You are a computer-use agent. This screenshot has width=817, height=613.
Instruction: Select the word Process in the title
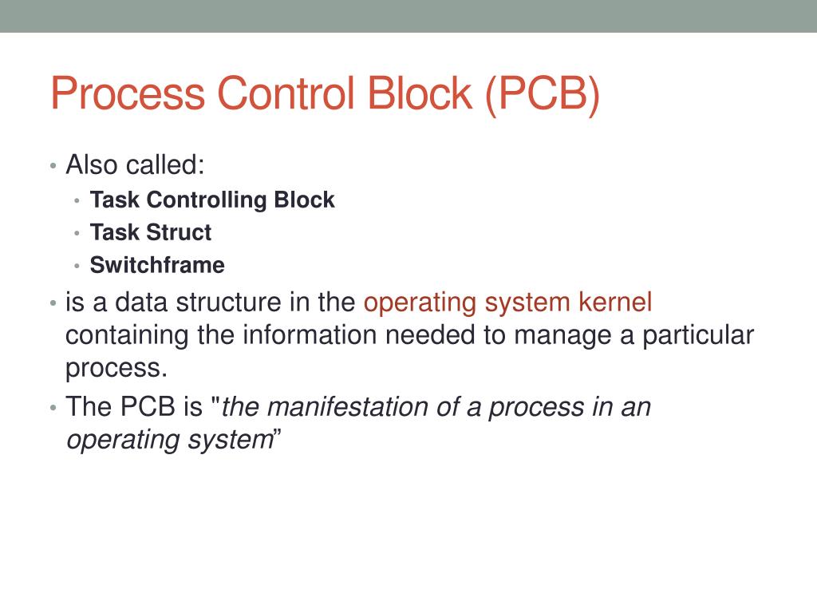[x=128, y=93]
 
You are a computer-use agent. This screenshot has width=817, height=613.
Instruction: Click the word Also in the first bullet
[x=92, y=165]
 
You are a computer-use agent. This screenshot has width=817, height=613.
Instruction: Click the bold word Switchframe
[x=157, y=265]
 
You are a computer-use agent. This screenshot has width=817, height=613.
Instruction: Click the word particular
[x=694, y=335]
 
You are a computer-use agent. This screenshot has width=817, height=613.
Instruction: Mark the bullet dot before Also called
[x=52, y=167]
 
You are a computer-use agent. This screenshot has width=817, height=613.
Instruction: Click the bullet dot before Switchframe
[x=77, y=266]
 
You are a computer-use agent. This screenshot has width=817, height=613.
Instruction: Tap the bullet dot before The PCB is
[x=52, y=408]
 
